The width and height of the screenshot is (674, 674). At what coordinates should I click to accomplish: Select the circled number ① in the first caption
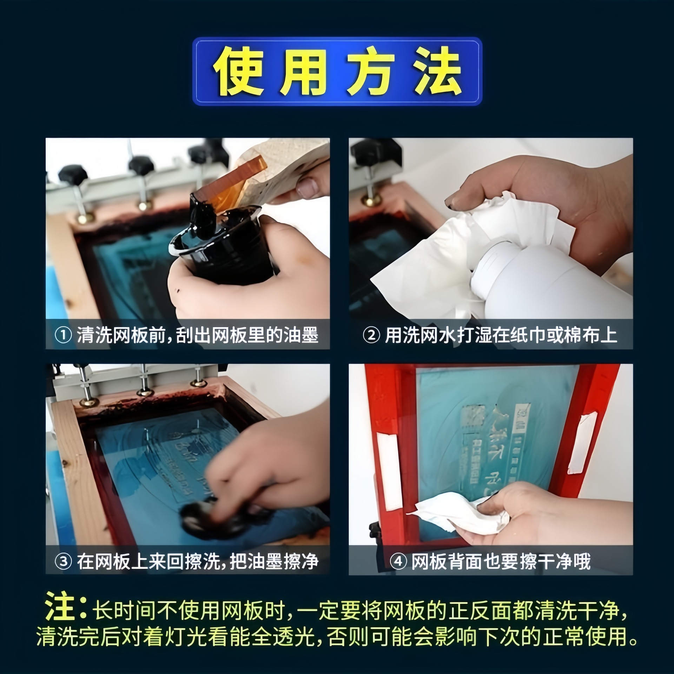coord(64,335)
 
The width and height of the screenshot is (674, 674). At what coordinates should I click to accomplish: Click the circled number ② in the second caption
coord(371,335)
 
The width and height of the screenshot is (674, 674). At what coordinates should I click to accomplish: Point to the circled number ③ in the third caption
coord(64,561)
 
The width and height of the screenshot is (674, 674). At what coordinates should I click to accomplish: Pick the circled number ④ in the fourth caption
coord(398,561)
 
